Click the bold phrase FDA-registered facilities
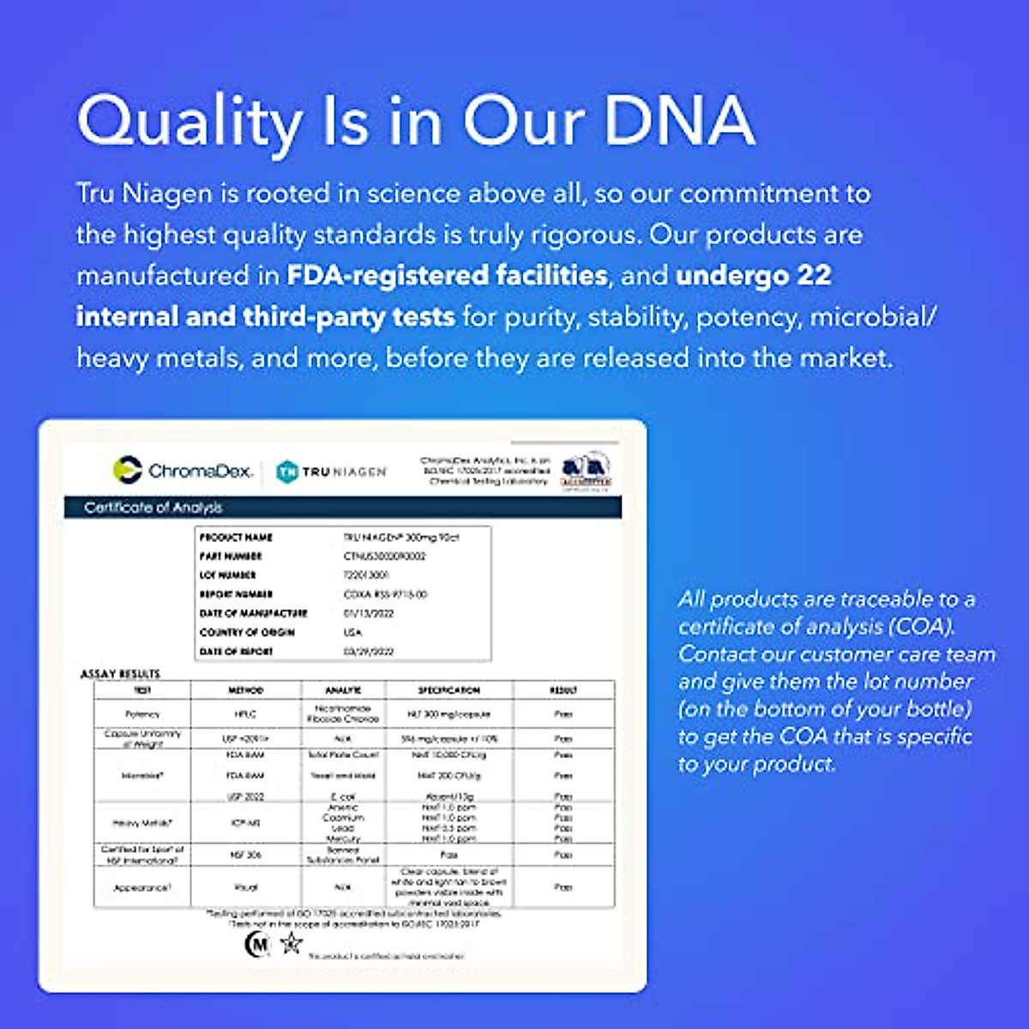point(447,275)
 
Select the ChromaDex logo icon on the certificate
point(127,470)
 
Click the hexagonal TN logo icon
point(286,471)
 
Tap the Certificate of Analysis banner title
point(153,508)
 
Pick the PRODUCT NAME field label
point(236,538)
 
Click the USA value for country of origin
point(352,632)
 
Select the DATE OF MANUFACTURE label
point(253,613)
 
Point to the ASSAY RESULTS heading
point(120,674)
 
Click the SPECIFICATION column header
point(448,690)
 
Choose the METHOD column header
point(245,690)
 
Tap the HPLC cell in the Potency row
point(245,713)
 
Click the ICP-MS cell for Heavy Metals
point(245,823)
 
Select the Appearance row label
point(142,888)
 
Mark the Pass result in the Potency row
point(563,713)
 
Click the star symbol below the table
point(292,944)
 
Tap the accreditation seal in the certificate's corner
point(586,470)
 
